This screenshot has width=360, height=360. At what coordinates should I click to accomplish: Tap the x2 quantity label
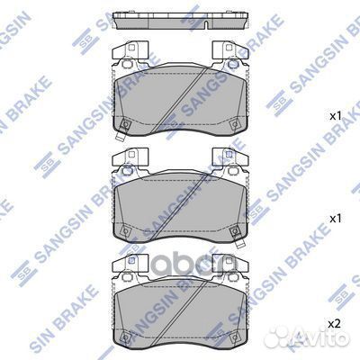click(333, 320)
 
